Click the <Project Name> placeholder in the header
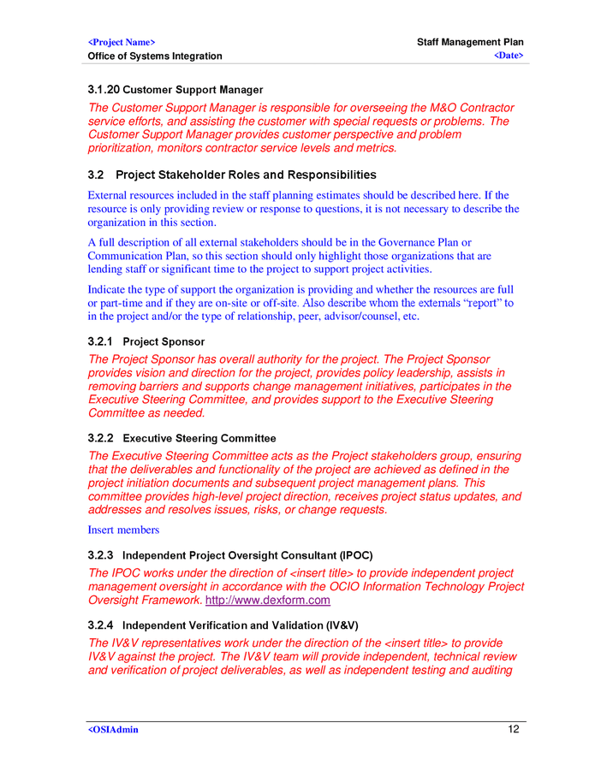(x=122, y=42)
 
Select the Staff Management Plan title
(x=470, y=42)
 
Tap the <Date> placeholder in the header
(x=509, y=56)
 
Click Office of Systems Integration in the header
(x=155, y=56)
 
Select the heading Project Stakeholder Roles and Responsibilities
(x=246, y=175)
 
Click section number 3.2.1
(x=101, y=342)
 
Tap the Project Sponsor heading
(x=164, y=342)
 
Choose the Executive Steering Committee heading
(x=199, y=439)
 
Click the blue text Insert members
(x=123, y=530)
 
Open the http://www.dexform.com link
(x=256, y=601)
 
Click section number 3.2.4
(x=101, y=625)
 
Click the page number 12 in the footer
(x=515, y=730)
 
